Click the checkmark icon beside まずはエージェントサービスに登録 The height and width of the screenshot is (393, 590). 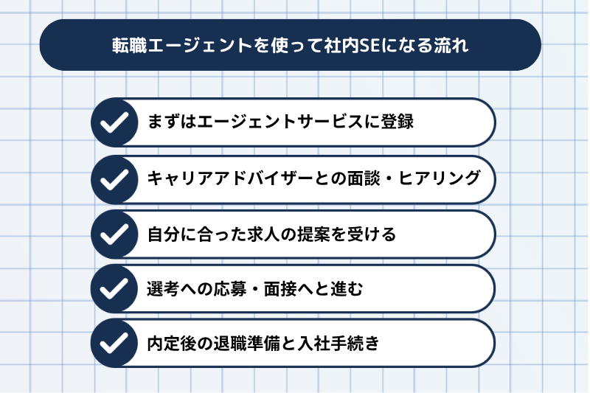(x=114, y=122)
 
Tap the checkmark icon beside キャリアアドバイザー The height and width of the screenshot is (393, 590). (x=114, y=179)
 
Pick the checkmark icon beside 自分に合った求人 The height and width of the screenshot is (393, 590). (x=114, y=234)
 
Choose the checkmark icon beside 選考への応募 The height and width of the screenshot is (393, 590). (x=114, y=288)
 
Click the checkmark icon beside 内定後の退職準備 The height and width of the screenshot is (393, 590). (x=114, y=343)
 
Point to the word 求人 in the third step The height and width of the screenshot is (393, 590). (x=263, y=234)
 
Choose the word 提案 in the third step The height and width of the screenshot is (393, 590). (x=314, y=234)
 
